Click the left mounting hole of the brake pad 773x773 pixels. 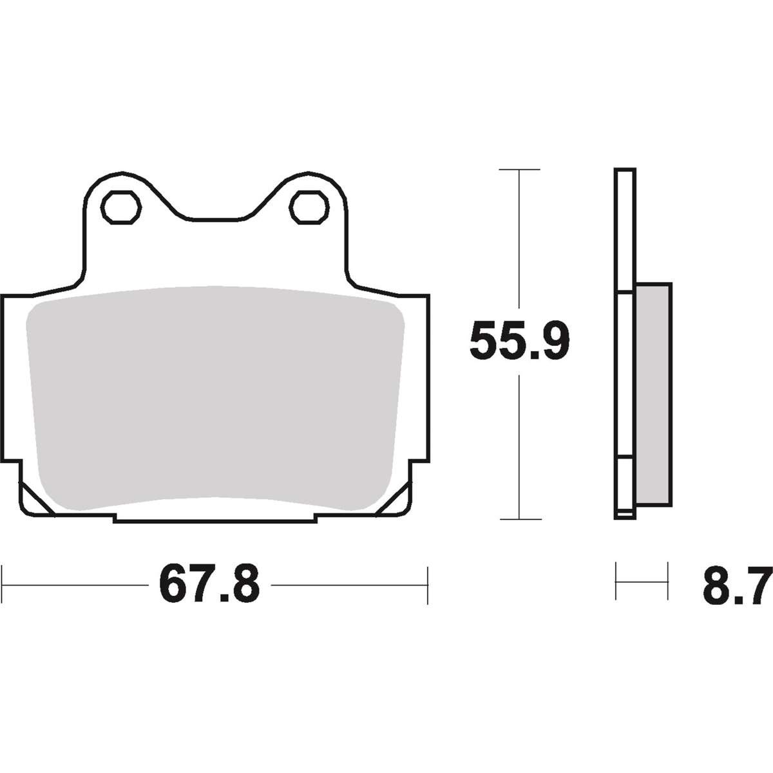[x=121, y=208]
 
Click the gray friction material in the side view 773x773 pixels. [x=654, y=395]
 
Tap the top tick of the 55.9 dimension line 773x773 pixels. [x=519, y=169]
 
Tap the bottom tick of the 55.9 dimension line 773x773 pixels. [x=520, y=519]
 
